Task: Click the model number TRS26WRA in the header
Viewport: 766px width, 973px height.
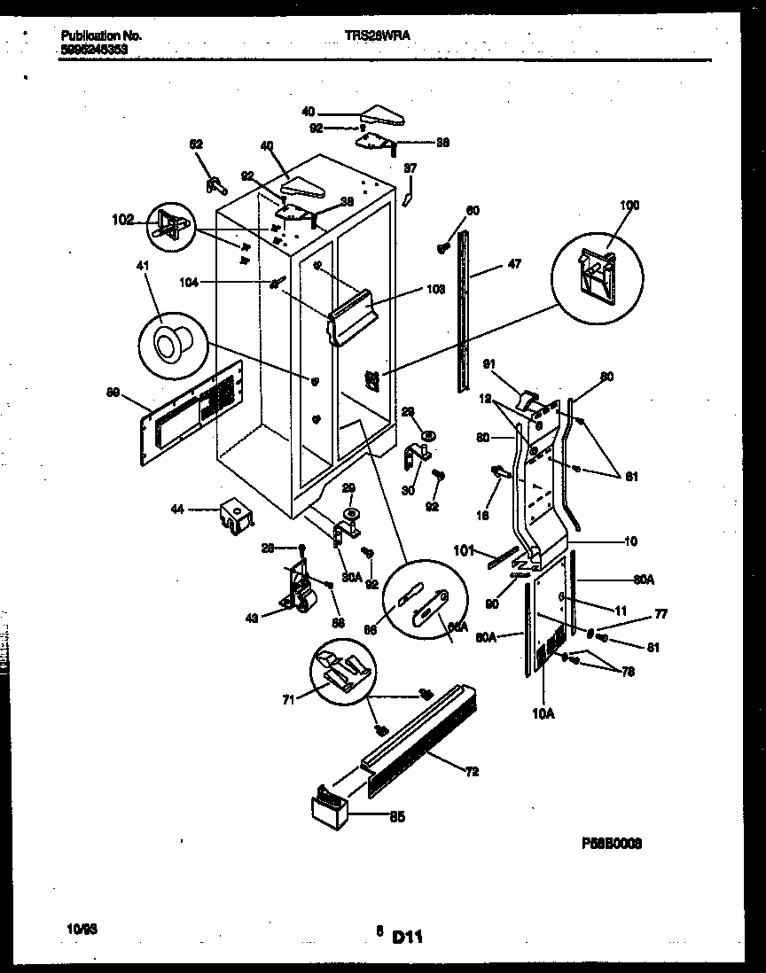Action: click(x=377, y=35)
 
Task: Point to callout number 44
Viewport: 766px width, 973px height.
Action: click(x=177, y=510)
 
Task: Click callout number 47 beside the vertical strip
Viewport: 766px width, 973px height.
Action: click(x=514, y=264)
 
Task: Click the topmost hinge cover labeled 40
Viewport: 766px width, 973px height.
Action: click(x=383, y=115)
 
